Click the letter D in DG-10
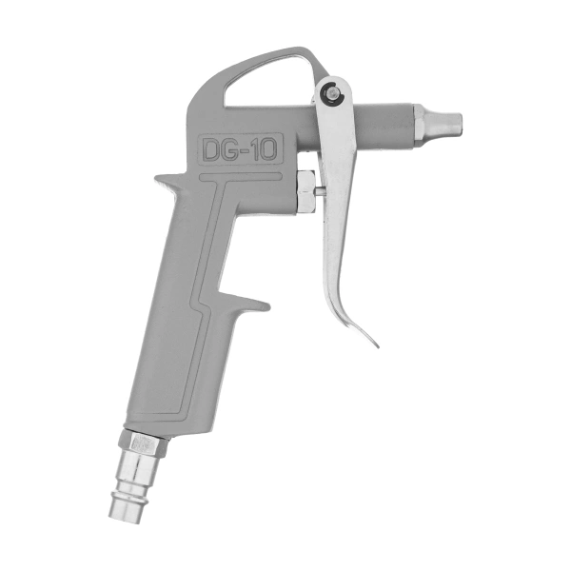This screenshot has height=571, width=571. click(x=211, y=150)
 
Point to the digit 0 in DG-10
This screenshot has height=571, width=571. click(x=268, y=149)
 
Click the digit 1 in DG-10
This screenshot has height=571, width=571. click(x=254, y=149)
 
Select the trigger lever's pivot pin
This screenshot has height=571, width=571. click(x=331, y=92)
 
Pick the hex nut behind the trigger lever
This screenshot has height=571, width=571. click(x=305, y=191)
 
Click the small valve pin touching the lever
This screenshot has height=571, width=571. click(x=320, y=190)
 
